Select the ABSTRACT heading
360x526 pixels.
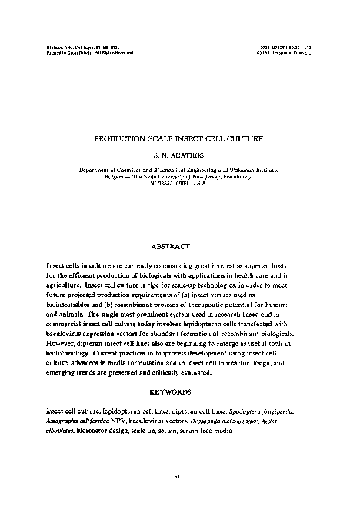[180, 246]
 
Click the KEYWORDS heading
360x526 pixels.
[180, 391]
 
